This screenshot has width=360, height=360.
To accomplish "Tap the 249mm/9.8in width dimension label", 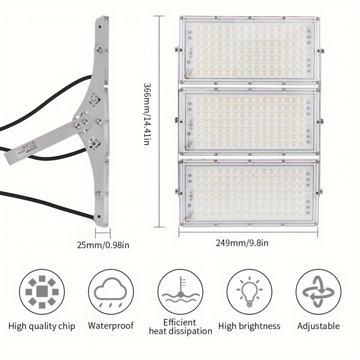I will click(248, 243).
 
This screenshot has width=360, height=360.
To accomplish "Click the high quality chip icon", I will click(42, 292).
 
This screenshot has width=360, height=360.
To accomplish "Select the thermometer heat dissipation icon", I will click(180, 292).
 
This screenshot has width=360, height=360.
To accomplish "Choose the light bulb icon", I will click(248, 292).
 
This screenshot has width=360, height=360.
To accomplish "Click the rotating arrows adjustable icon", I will click(318, 292).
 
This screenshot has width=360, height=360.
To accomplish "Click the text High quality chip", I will click(42, 326).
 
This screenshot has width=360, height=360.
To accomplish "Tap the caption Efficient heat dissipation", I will click(181, 327).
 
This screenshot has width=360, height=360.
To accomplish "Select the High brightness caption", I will click(249, 326).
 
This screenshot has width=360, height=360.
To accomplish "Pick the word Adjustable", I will click(318, 325).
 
